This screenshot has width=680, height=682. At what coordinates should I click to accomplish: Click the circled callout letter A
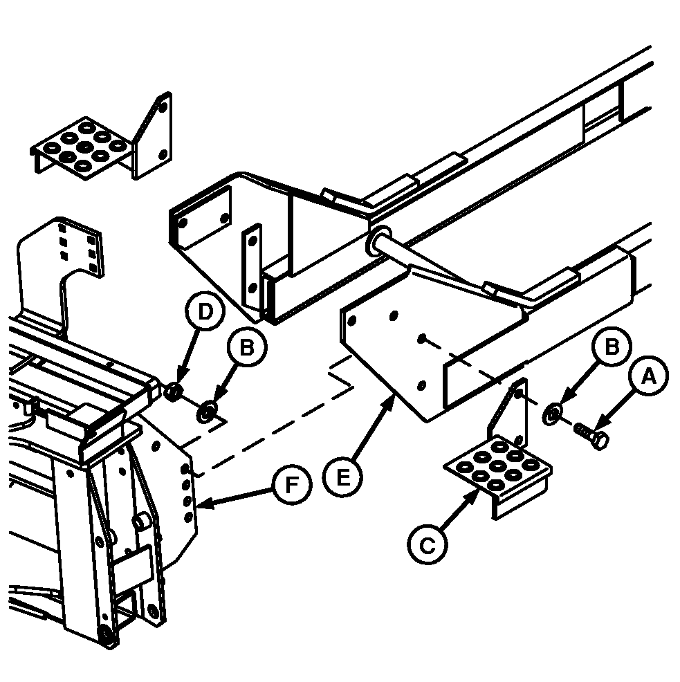649,376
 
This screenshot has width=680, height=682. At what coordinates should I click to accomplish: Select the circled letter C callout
428,544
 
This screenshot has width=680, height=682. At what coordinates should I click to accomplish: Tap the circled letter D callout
205,311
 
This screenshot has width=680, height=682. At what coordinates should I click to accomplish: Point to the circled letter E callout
343,477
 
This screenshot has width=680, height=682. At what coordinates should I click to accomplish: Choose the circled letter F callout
292,485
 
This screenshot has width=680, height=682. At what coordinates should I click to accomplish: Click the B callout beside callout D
247,347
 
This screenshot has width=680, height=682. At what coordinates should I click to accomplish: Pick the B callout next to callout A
612,347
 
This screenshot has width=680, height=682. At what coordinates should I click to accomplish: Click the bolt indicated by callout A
591,435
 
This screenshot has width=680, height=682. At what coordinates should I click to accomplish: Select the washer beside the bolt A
551,413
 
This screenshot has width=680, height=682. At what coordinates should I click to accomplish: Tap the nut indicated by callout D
173,391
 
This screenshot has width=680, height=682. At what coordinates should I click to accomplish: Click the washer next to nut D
207,411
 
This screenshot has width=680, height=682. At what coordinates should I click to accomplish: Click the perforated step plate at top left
80,148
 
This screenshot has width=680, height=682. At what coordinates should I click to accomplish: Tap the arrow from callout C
460,510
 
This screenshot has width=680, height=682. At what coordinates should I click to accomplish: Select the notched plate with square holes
61,278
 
